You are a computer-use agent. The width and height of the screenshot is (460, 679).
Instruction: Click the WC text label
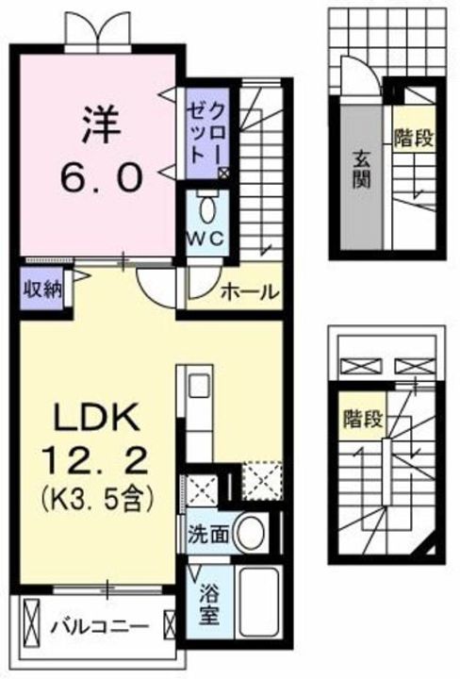coord(208,239)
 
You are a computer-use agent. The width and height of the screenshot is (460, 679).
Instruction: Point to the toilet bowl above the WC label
coord(208,206)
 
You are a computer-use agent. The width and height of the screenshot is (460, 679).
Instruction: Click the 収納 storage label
coord(41,288)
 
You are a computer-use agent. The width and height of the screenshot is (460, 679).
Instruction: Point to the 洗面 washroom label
coord(206,534)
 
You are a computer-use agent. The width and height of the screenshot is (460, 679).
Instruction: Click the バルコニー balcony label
coord(99,625)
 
